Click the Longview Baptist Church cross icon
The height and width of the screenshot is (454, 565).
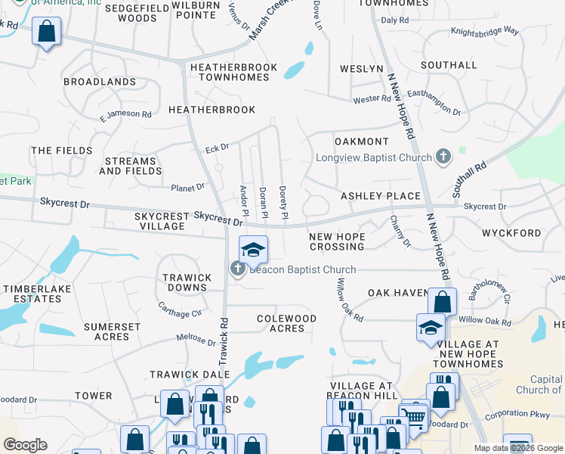pos(443,157)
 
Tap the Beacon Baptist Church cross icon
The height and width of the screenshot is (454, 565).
pos(237,269)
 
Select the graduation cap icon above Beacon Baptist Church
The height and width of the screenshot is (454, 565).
pos(254,250)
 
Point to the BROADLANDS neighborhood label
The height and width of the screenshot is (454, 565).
pos(100,82)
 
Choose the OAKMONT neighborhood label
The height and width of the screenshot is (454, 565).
pos(361,141)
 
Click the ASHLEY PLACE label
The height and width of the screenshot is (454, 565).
pos(381,196)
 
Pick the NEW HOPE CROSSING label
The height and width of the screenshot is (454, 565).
pos(337,242)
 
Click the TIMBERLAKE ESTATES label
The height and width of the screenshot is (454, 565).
pos(32,294)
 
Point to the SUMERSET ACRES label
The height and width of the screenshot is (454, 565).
pos(112,331)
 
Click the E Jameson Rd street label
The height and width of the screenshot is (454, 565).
pos(125,115)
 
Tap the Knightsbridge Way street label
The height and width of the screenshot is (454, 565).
pos(485,32)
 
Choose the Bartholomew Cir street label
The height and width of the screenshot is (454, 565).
pos(492,291)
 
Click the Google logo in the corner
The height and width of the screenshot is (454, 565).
pos(25,445)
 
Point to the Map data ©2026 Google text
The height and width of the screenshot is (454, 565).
pos(518,449)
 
